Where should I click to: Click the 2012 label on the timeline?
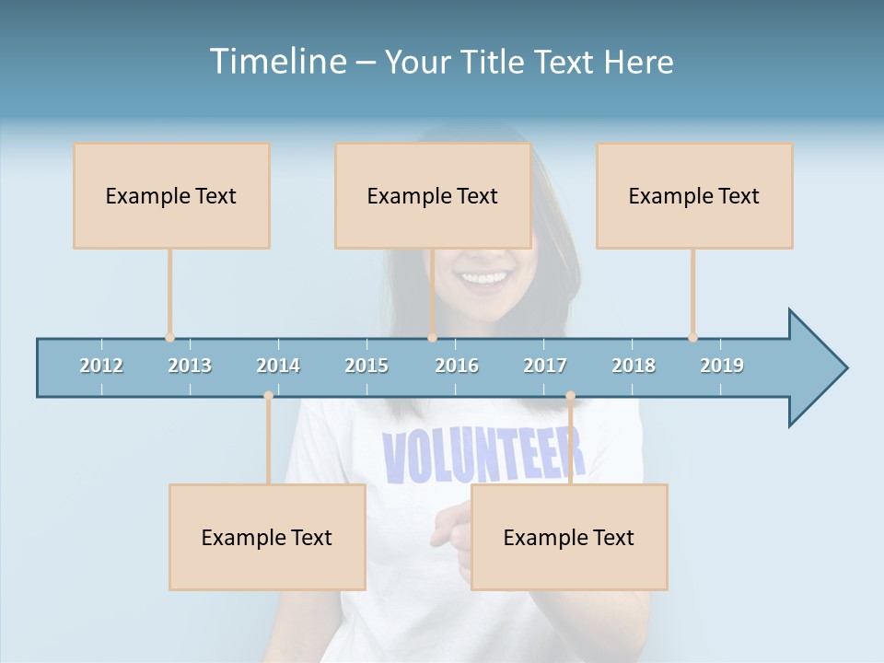pos(101,366)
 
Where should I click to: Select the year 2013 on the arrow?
pos(190,366)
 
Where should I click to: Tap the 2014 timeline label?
pos(278,366)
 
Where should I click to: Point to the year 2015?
pos(366,366)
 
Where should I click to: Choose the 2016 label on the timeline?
pos(457,366)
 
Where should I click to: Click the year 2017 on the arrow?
pos(545,366)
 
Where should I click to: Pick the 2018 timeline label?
pos(634,366)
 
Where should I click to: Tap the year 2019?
pos(722,366)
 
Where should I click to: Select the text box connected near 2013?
pos(171,195)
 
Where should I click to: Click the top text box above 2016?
pos(433,195)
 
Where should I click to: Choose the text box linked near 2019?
pos(694,195)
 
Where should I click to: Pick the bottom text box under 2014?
pos(267,537)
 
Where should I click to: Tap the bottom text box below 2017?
pos(569,537)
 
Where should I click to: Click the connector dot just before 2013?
pos(169,338)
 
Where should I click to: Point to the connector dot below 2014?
pos(268,396)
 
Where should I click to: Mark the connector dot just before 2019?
pos(692,338)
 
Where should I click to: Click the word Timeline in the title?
pos(277,62)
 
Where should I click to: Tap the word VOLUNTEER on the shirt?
pos(483,456)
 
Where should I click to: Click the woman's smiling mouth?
pos(484,277)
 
